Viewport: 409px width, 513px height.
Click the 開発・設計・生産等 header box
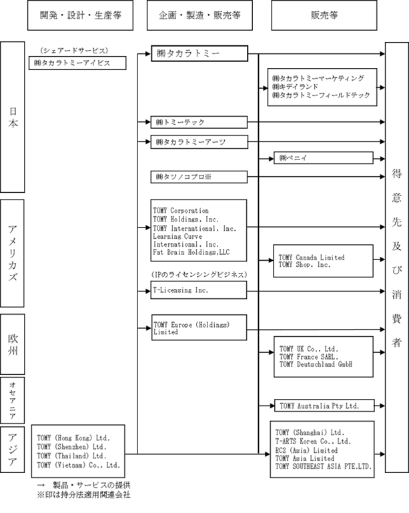click(80, 15)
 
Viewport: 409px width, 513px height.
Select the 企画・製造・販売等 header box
click(199, 15)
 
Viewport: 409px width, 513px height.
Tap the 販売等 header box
click(324, 15)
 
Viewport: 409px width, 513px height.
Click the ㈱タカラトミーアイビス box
click(77, 63)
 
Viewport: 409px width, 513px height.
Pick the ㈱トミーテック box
click(199, 122)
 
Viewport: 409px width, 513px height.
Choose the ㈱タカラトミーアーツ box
click(199, 142)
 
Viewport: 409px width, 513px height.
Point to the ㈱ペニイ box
click(324, 157)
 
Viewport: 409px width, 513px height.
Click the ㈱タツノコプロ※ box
click(199, 177)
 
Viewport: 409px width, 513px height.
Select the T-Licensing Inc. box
click(199, 290)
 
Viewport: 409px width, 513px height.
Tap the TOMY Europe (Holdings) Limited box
click(199, 328)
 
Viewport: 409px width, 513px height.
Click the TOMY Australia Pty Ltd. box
click(324, 406)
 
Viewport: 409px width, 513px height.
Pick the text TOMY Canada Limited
click(312, 258)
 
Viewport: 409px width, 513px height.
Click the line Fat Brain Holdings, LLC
click(191, 252)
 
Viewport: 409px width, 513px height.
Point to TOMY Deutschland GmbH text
click(316, 364)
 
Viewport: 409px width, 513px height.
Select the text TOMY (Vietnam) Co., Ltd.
click(79, 465)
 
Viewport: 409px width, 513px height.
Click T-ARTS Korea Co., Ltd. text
click(313, 442)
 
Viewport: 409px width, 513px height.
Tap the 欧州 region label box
click(13, 344)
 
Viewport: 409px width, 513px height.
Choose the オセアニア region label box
click(13, 400)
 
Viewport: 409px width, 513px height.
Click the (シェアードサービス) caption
click(74, 51)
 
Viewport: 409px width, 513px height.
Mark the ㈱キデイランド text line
click(295, 87)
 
